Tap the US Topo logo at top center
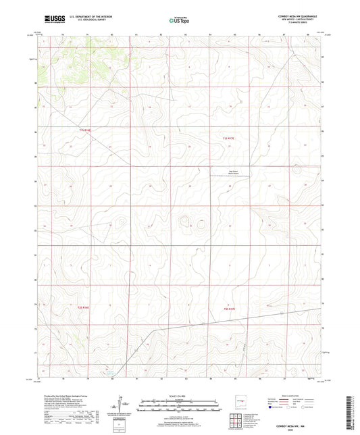(x=179, y=20)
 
